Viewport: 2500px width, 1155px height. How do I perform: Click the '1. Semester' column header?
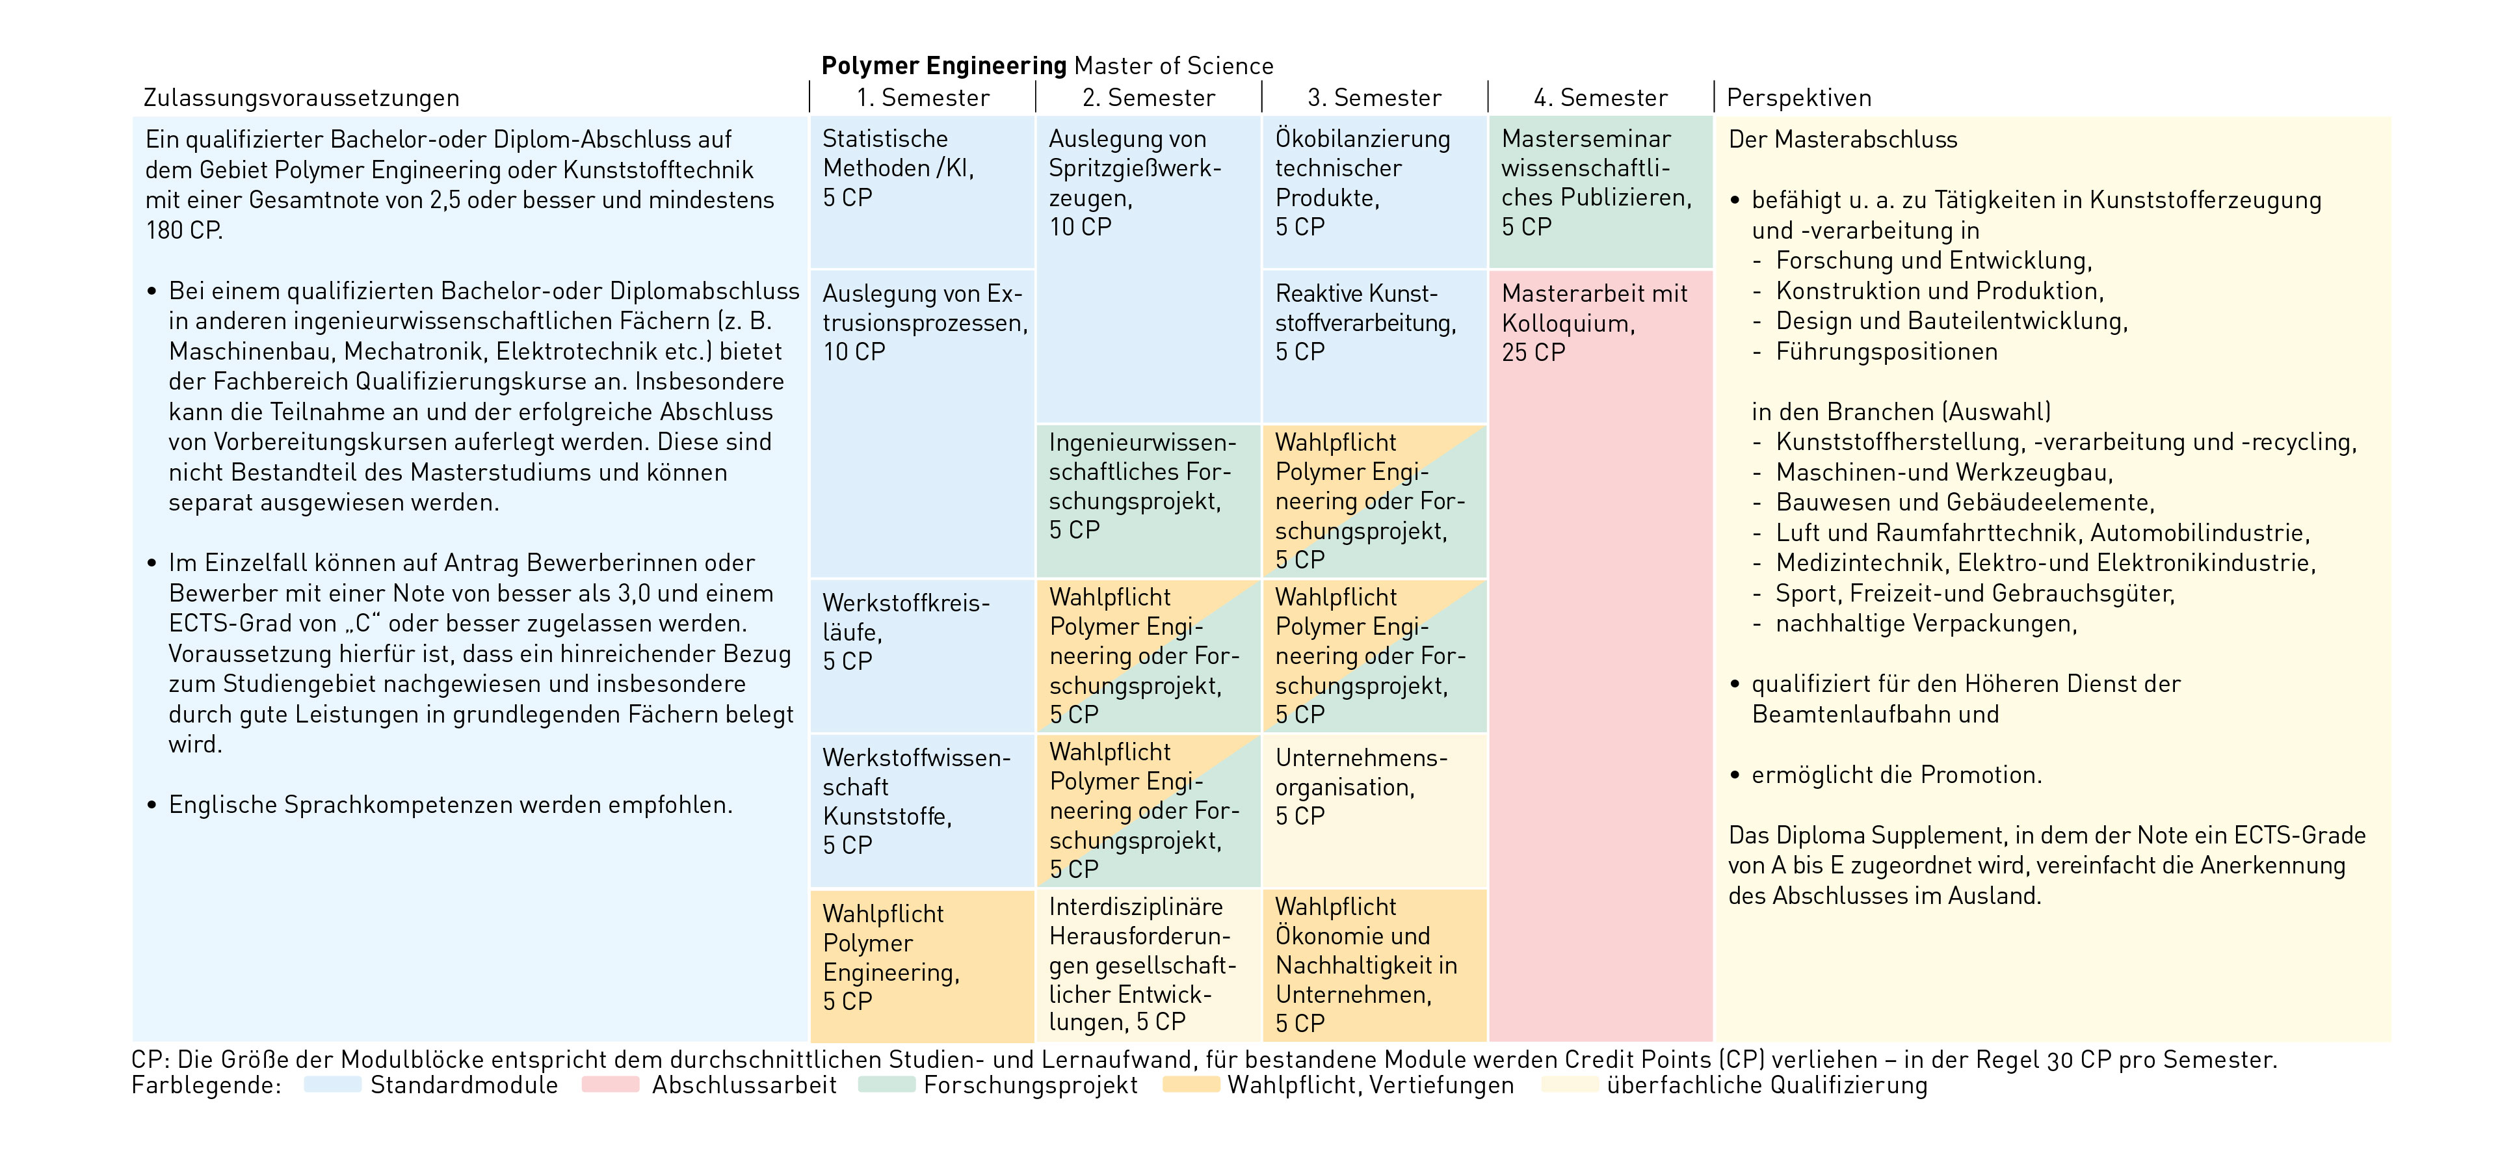pos(922,98)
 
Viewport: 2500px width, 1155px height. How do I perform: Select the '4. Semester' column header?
pos(1600,98)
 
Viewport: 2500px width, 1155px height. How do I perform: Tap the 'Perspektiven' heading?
pos(1798,98)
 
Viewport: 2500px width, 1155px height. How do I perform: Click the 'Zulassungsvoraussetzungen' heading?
pos(301,98)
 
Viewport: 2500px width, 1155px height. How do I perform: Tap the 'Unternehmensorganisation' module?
pos(1373,810)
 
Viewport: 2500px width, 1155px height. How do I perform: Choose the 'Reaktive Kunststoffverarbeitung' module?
pos(1373,345)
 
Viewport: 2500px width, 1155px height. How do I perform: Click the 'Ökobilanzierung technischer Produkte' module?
pos(1373,191)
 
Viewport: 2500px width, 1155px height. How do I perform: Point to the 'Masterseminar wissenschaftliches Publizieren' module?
pos(1600,191)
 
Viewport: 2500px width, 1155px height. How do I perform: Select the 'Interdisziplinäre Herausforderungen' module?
pos(1147,964)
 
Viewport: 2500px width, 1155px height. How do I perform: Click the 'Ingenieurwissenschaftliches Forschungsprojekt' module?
pos(1147,500)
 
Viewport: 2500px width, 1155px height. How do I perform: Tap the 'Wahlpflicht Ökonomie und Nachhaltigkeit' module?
pos(1373,964)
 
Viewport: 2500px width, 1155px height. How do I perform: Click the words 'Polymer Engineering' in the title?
pos(943,66)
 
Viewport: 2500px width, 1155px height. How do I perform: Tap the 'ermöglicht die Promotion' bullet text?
pos(1897,775)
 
